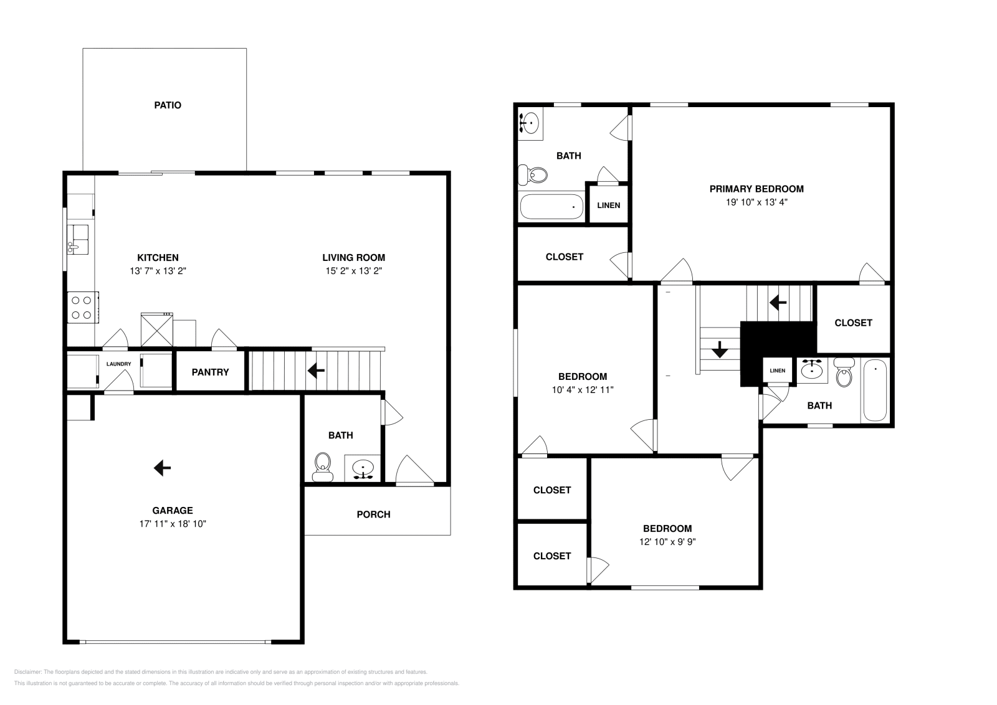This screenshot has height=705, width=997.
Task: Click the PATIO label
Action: pyautogui.click(x=168, y=105)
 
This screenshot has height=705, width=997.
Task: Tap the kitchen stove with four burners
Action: pyautogui.click(x=83, y=307)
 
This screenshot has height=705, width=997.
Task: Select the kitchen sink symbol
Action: pyautogui.click(x=77, y=240)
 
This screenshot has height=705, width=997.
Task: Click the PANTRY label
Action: pyautogui.click(x=210, y=372)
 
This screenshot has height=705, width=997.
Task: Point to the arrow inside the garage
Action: pyautogui.click(x=162, y=467)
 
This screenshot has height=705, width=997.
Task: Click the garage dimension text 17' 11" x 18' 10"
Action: pyautogui.click(x=173, y=524)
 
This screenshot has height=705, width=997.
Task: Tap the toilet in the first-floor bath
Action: pyautogui.click(x=322, y=465)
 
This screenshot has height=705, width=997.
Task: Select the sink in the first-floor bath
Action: pyautogui.click(x=363, y=467)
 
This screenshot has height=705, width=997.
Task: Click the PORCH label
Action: pyautogui.click(x=373, y=514)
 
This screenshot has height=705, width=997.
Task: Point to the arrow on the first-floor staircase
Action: pyautogui.click(x=316, y=371)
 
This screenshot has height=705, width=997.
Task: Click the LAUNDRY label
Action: pyautogui.click(x=118, y=364)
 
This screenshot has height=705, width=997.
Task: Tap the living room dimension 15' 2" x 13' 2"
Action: pyautogui.click(x=353, y=271)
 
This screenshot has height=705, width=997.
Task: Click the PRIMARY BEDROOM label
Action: pyautogui.click(x=756, y=189)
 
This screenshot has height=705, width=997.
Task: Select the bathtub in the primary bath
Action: pyautogui.click(x=551, y=206)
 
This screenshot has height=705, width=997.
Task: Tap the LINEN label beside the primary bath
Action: pyautogui.click(x=608, y=205)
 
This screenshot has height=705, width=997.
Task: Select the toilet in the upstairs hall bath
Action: pyautogui.click(x=844, y=373)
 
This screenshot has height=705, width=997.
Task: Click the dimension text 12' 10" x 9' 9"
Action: pyautogui.click(x=667, y=542)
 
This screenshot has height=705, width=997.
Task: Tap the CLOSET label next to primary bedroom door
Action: pyautogui.click(x=853, y=323)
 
